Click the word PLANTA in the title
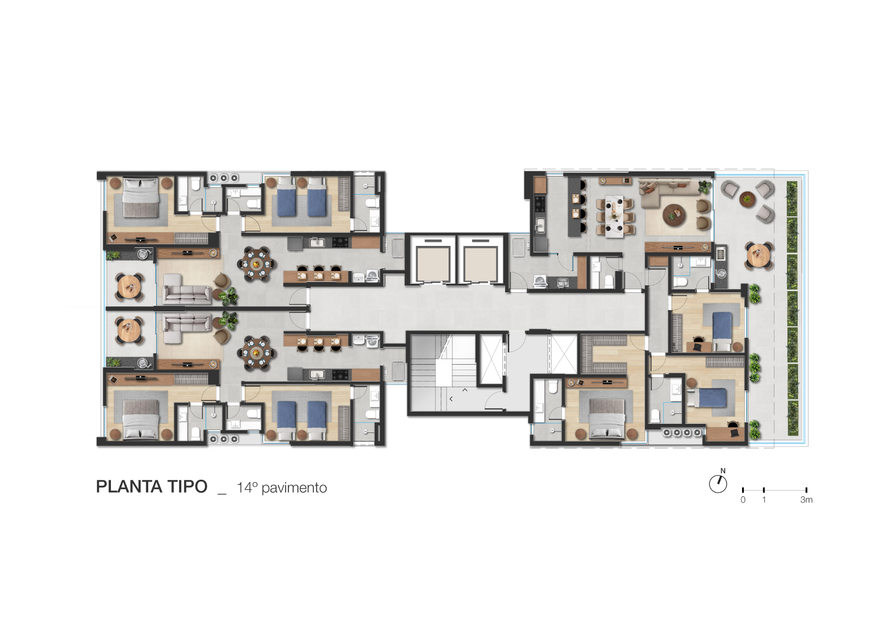click(x=129, y=487)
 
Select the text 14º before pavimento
click(x=247, y=487)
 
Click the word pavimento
click(x=294, y=488)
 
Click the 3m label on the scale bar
click(x=806, y=500)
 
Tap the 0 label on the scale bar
click(x=743, y=500)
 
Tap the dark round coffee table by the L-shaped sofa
click(x=675, y=215)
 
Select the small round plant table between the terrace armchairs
click(x=747, y=199)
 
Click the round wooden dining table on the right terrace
click(x=758, y=256)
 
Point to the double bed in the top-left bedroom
click(x=140, y=198)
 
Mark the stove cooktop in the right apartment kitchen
click(x=540, y=204)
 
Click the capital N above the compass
click(x=723, y=471)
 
